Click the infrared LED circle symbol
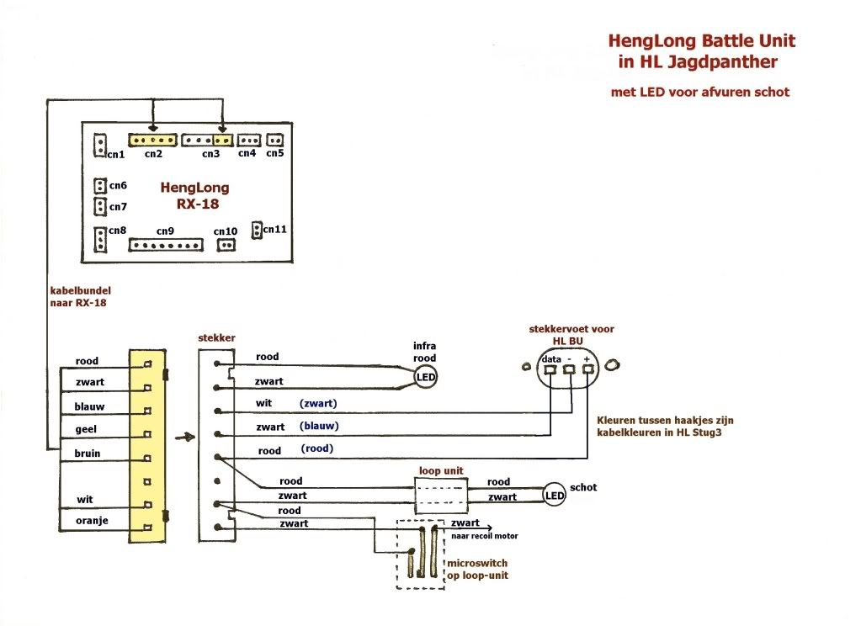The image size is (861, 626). [427, 379]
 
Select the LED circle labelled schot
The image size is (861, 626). [554, 496]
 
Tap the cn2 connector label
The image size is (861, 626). [152, 154]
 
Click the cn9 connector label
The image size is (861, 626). [165, 231]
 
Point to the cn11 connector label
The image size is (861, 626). [275, 229]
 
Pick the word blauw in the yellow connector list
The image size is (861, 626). [90, 406]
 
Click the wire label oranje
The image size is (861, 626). [92, 521]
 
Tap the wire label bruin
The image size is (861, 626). [88, 453]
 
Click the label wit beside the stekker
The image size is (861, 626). [264, 404]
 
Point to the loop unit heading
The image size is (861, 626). [440, 470]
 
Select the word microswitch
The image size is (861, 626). [477, 563]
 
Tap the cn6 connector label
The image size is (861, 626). [118, 186]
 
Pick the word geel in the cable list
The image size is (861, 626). [87, 429]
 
